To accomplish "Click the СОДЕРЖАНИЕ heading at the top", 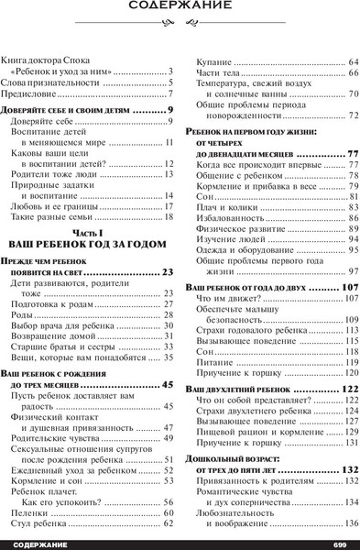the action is (x=180, y=13).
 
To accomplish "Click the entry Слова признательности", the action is (x=53, y=82).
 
